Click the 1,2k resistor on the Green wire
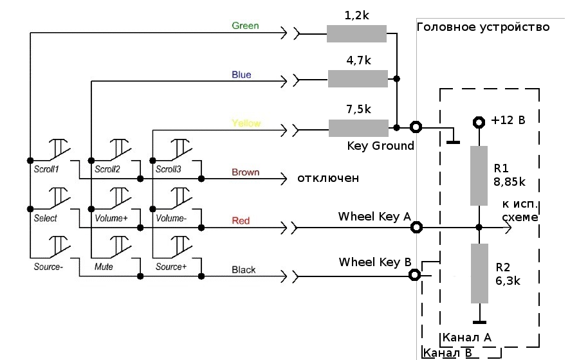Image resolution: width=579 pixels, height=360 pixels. click(x=356, y=33)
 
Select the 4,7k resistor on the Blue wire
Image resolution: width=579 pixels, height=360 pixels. click(x=358, y=79)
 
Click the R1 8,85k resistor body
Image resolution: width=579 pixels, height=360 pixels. click(x=478, y=175)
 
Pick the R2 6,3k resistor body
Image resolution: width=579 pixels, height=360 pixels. click(x=478, y=273)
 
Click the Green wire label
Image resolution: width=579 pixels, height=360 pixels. click(x=245, y=26)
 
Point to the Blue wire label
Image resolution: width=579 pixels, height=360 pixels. click(x=241, y=75)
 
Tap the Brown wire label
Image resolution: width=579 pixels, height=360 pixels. click(x=245, y=172)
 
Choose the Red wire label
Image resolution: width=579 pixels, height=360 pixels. click(x=241, y=221)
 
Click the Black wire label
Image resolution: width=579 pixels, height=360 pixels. click(x=243, y=269)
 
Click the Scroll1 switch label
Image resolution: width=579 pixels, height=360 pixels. click(x=46, y=170)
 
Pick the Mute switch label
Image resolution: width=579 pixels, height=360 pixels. click(x=104, y=266)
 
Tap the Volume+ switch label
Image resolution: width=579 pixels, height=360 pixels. click(x=111, y=218)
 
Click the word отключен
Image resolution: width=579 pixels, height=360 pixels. click(x=327, y=177)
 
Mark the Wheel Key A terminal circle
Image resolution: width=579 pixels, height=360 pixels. click(x=417, y=227)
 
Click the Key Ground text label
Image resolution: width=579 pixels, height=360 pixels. click(x=381, y=146)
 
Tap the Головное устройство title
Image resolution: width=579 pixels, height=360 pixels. click(x=483, y=27)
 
